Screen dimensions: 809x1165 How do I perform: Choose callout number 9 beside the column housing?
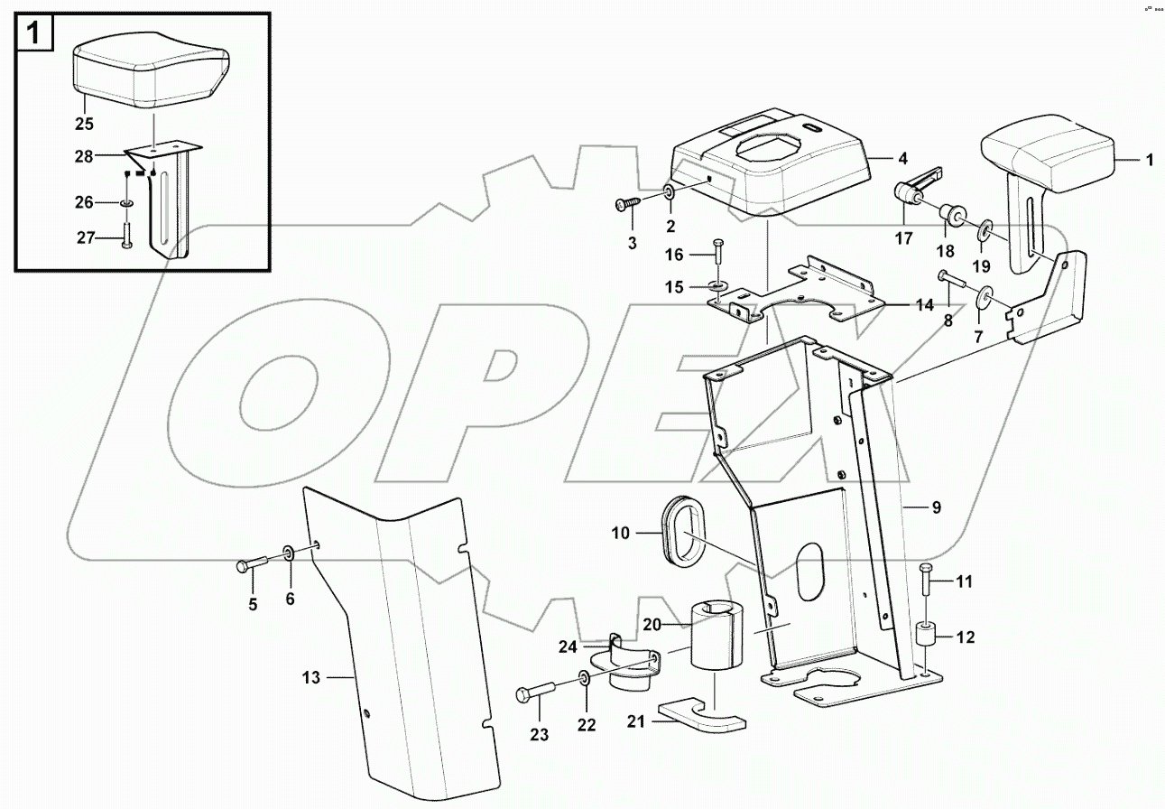[936, 507]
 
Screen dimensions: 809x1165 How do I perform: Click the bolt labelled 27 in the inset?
[125, 237]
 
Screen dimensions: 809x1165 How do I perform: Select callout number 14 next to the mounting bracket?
[924, 304]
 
